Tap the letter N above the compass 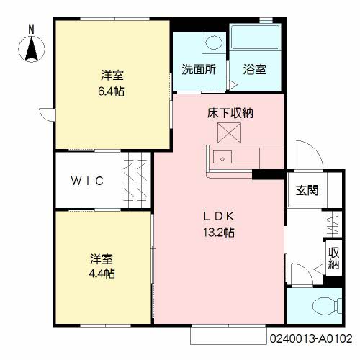pos(31,30)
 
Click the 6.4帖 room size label pos(111,91)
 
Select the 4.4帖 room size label pos(102,274)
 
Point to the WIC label pos(87,181)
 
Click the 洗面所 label pos(199,70)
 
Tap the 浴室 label pos(255,70)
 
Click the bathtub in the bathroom pos(255,37)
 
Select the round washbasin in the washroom pos(214,42)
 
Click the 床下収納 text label pos(230,113)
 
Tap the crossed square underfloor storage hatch pos(229,132)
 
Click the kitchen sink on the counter pos(222,157)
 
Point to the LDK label pos(219,217)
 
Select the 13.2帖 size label pos(219,233)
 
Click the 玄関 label pos(307,190)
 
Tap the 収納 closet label pos(333,258)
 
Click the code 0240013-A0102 pos(311,338)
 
